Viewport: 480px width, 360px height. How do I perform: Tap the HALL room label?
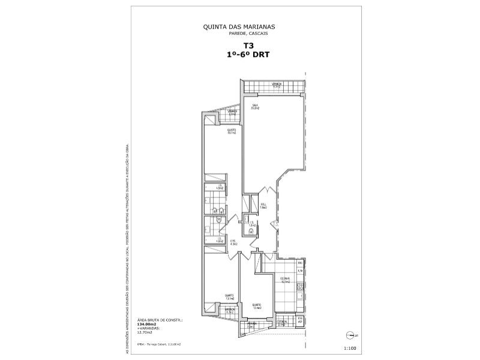coord(263,206)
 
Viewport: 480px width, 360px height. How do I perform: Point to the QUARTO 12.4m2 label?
coord(256,306)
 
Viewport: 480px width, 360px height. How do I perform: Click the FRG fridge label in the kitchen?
coord(301,264)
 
